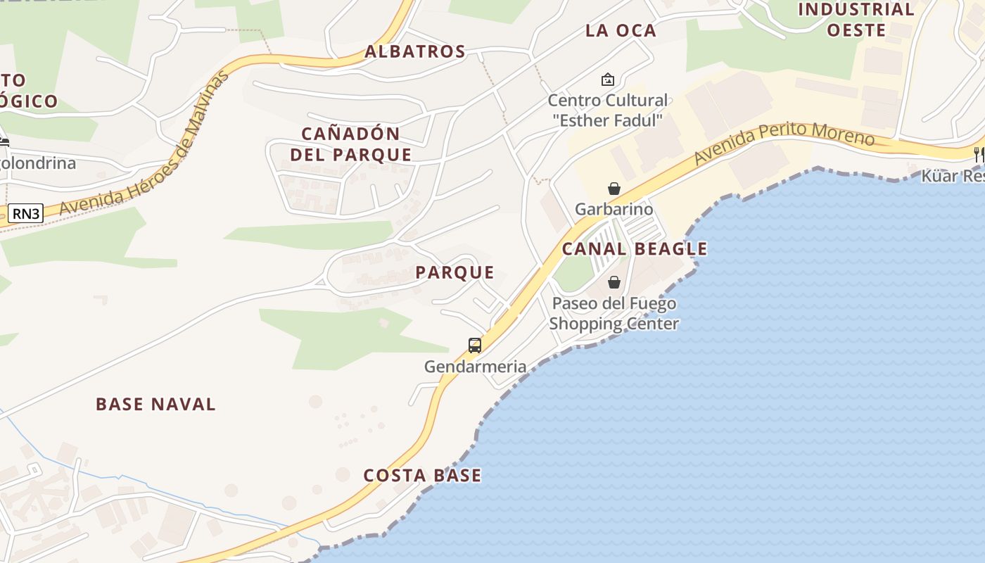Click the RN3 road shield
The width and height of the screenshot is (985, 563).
coord(26,213)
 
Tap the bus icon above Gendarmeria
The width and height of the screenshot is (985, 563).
coord(475,346)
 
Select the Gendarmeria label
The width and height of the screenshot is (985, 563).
coord(475,367)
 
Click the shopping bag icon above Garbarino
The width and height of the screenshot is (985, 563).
coord(614,189)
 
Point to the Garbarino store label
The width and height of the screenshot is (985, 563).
coord(614,209)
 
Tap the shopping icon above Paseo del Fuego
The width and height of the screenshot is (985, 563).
coord(614,282)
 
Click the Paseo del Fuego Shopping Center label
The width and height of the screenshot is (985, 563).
coord(614,314)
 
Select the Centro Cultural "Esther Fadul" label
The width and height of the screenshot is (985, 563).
coord(608,110)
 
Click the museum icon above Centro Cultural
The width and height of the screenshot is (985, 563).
coord(608,80)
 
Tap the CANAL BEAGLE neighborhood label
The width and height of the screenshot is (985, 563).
coord(635,248)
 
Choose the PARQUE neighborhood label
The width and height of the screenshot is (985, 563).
coord(455,272)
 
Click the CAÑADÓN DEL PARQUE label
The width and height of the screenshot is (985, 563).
coord(351,144)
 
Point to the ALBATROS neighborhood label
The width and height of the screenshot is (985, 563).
coord(415,51)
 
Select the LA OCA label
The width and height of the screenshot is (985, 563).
coord(621,30)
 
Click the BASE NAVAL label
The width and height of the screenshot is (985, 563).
coord(155,404)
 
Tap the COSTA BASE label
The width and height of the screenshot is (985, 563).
coord(422,476)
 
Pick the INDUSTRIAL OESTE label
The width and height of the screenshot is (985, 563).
coord(856,20)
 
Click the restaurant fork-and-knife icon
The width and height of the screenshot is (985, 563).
coord(978,154)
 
